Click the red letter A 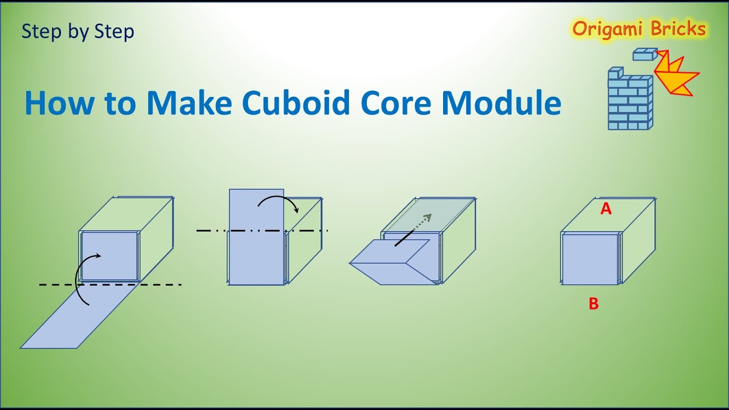pos(606,210)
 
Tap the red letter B pos(593,304)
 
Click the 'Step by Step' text pos(77,31)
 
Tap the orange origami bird pos(677,74)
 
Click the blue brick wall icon pos(629,100)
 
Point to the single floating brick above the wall pos(645,54)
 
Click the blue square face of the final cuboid pos(590,259)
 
